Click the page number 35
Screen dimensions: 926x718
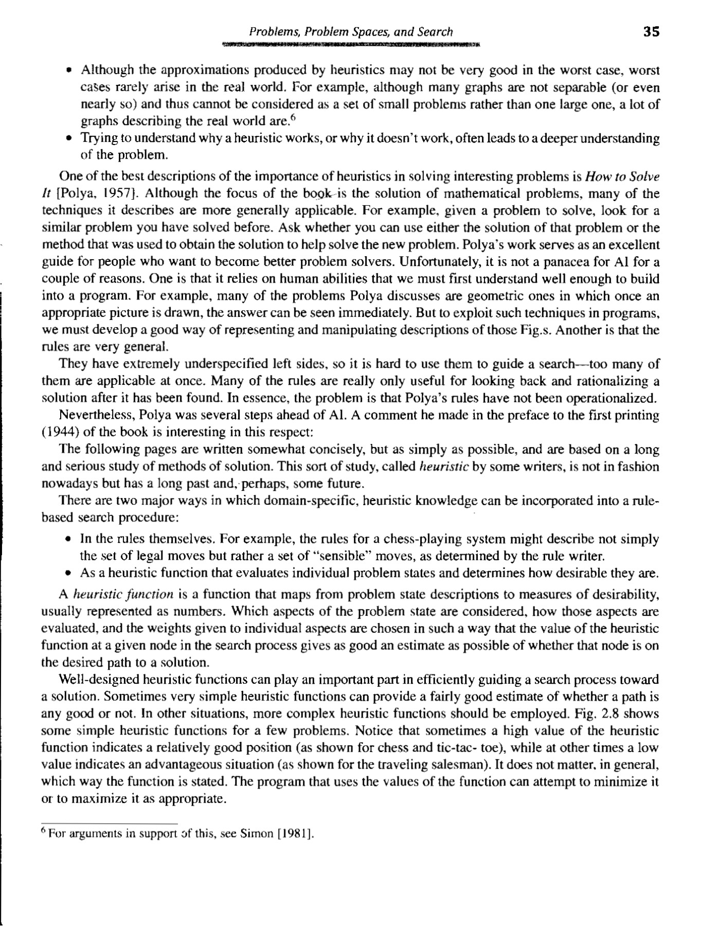(x=651, y=31)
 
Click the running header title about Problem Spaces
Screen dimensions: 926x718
(x=351, y=32)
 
